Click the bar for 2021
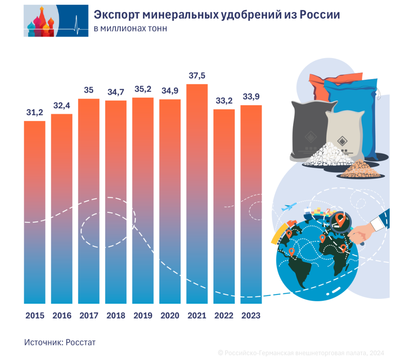[197, 194]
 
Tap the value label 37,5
[197, 75]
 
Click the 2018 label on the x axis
[116, 315]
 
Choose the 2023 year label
[251, 315]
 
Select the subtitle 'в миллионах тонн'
[130, 29]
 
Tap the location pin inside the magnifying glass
[340, 221]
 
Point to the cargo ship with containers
[317, 212]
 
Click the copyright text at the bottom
[300, 352]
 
